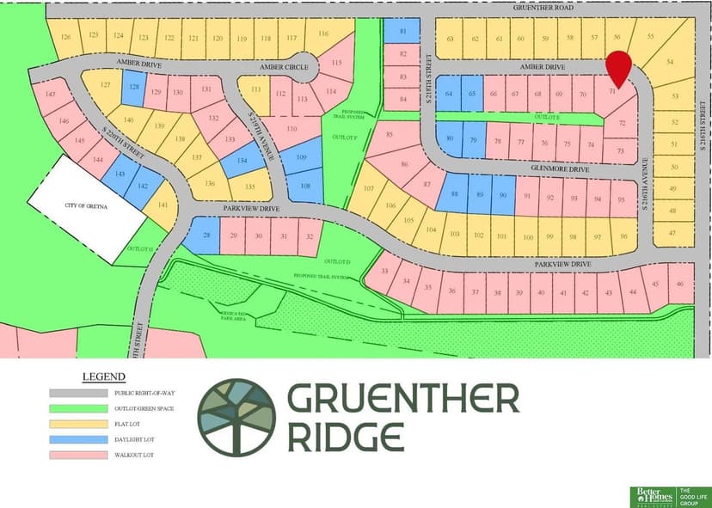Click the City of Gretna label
(86, 205)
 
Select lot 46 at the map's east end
(680, 284)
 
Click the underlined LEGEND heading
(103, 376)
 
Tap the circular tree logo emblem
(236, 416)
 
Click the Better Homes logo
(653, 495)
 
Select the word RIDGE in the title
(346, 437)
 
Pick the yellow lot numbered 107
(368, 189)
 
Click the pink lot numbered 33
(383, 271)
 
